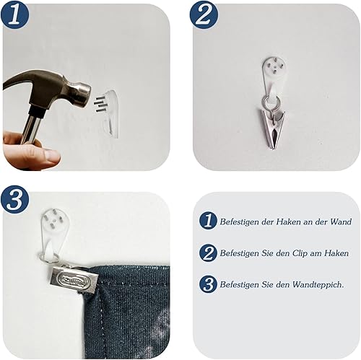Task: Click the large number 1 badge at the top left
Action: point(14,15)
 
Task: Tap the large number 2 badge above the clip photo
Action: point(204,15)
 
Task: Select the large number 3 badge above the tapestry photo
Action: point(15,200)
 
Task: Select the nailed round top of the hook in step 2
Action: point(274,66)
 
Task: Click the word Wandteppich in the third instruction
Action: point(318,285)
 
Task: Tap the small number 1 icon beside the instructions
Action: point(208,221)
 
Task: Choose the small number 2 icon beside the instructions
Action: point(208,253)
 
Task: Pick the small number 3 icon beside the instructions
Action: point(208,284)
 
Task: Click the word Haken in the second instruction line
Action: point(336,253)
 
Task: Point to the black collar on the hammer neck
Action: point(37,112)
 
